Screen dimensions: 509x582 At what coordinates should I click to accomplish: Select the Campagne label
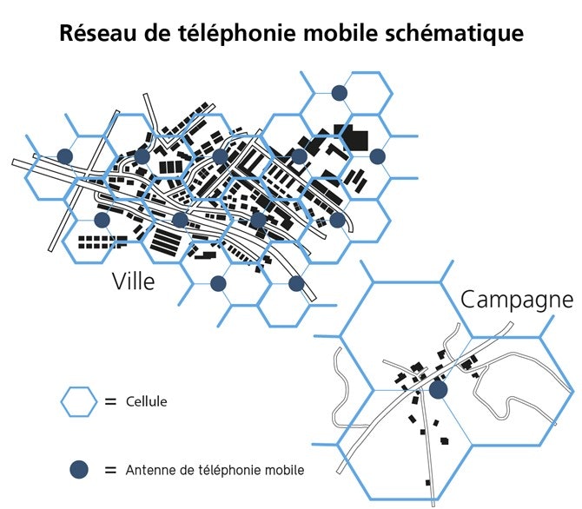[517, 300]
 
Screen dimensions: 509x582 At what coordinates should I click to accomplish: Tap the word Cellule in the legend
[147, 402]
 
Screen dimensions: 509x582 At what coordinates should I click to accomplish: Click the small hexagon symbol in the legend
[79, 401]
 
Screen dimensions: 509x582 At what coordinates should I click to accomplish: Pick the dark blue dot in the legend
[80, 470]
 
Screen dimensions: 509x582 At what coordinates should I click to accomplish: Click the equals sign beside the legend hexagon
[110, 402]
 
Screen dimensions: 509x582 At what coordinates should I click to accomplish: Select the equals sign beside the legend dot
[110, 470]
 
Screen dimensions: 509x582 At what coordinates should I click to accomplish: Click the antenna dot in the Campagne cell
[439, 390]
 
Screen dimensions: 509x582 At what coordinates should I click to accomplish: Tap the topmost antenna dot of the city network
[341, 91]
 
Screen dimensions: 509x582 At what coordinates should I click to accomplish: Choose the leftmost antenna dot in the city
[64, 155]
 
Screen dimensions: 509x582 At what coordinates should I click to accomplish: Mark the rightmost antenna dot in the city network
[377, 156]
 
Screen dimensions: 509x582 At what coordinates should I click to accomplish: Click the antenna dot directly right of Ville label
[218, 283]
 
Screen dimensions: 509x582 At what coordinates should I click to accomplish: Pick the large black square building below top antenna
[356, 139]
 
